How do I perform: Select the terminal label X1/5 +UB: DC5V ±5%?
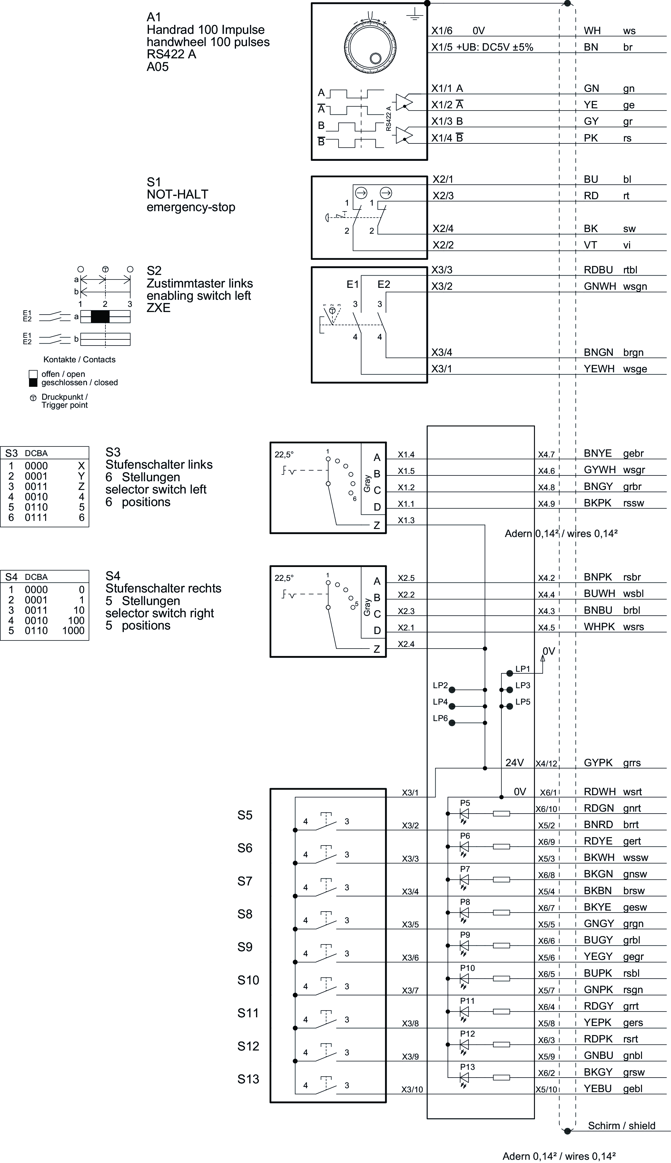point(482,47)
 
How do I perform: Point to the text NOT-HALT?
point(177,194)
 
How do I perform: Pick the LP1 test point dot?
point(509,673)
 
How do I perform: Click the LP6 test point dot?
point(452,723)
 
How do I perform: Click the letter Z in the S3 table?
point(82,487)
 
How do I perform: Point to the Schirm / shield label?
point(621,1126)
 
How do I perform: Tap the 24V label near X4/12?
point(514,763)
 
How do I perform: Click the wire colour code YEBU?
point(598,1089)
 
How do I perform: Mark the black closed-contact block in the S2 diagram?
point(100,317)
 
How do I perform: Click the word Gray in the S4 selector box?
point(367,607)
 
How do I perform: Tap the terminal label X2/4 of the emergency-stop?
point(443,229)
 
